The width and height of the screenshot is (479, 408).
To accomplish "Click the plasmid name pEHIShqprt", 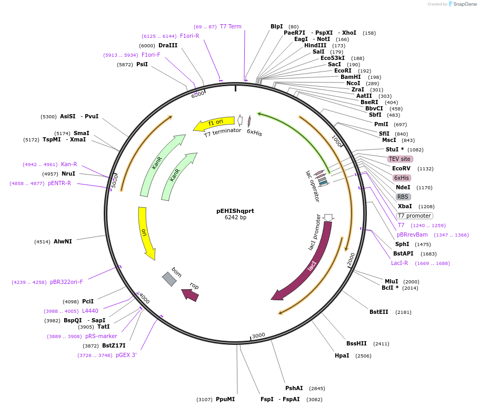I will (235, 211).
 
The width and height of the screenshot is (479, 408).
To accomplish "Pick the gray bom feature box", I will (169, 279).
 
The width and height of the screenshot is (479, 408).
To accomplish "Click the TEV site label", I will (400, 159).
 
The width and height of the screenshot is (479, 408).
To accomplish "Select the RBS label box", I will (403, 197).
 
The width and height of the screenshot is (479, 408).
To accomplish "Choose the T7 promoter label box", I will (415, 216).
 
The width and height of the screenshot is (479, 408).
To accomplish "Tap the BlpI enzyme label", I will (276, 26).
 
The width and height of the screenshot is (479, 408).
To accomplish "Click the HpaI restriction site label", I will (342, 356).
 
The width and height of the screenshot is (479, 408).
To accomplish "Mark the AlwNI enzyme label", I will (63, 242).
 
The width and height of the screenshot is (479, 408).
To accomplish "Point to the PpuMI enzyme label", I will (225, 400).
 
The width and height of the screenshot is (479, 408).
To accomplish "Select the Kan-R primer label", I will (69, 164).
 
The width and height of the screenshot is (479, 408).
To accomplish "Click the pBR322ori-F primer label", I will (66, 282).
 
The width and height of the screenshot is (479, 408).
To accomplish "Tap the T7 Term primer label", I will (231, 26).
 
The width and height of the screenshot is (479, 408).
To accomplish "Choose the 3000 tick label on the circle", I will (258, 335).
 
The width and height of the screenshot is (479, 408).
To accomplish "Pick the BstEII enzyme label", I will (378, 312).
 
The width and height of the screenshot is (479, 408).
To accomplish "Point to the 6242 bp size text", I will (235, 217).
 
